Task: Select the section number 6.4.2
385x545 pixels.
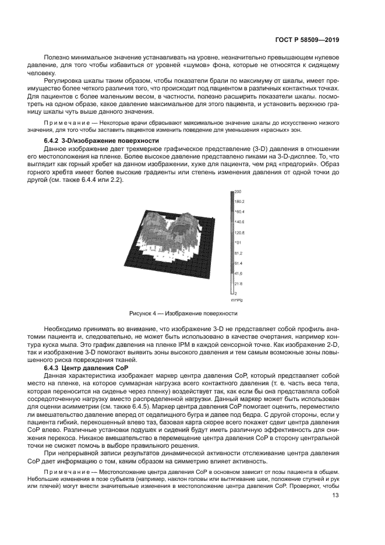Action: (x=53, y=140)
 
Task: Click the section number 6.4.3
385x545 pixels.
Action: (x=53, y=368)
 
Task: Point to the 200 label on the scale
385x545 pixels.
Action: (x=238, y=191)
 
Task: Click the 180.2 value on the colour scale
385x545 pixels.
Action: (x=239, y=202)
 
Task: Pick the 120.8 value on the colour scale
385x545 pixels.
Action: (x=239, y=232)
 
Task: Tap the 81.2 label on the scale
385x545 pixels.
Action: (x=238, y=253)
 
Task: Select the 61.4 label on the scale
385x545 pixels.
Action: (x=238, y=263)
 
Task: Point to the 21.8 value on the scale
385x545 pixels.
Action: (x=238, y=284)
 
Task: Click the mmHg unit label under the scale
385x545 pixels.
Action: (x=236, y=299)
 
